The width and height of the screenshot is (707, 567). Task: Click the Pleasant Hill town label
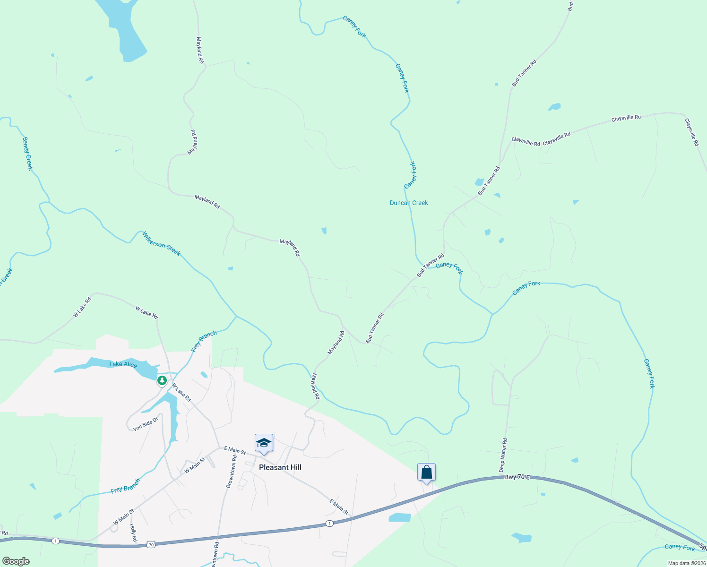click(280, 467)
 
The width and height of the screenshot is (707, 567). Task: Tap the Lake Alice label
click(123, 364)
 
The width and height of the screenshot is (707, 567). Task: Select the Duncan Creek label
click(409, 203)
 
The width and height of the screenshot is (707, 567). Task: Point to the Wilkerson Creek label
click(161, 243)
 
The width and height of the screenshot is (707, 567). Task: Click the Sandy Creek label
click(28, 154)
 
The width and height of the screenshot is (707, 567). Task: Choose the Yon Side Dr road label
click(145, 423)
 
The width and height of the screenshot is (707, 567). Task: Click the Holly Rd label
click(133, 533)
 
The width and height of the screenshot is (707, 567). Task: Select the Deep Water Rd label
click(503, 455)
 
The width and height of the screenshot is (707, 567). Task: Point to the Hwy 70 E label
click(517, 477)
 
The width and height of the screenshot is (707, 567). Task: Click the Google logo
click(16, 561)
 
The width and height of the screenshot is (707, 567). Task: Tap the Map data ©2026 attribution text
click(686, 563)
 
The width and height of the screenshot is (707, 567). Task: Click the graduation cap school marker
click(264, 443)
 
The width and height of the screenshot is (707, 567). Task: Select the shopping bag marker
click(426, 472)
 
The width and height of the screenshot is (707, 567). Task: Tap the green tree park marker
click(162, 380)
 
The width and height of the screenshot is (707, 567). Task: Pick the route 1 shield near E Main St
click(329, 523)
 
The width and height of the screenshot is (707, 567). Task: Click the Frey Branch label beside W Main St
click(125, 486)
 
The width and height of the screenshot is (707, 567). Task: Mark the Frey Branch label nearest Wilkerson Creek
click(204, 341)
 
